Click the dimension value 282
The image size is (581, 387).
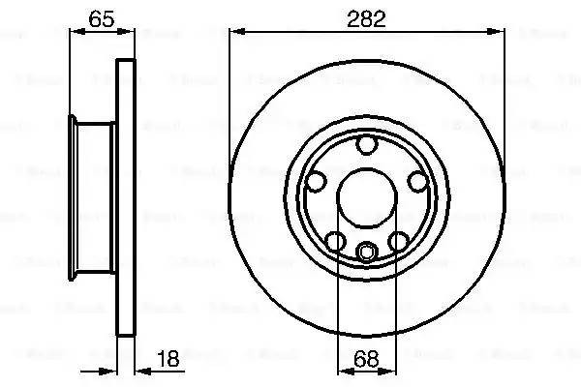(x=367, y=17)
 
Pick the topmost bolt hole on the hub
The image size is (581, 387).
(x=366, y=146)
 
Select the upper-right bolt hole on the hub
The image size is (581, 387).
(x=415, y=181)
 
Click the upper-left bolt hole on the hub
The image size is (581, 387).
(x=317, y=181)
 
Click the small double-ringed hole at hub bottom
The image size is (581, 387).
(x=366, y=253)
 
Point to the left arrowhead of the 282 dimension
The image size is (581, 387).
(x=235, y=32)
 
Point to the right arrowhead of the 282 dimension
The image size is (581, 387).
(x=501, y=32)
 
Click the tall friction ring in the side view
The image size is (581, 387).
(x=124, y=197)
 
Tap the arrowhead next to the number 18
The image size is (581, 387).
(x=137, y=371)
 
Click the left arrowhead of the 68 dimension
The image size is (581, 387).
(x=342, y=371)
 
